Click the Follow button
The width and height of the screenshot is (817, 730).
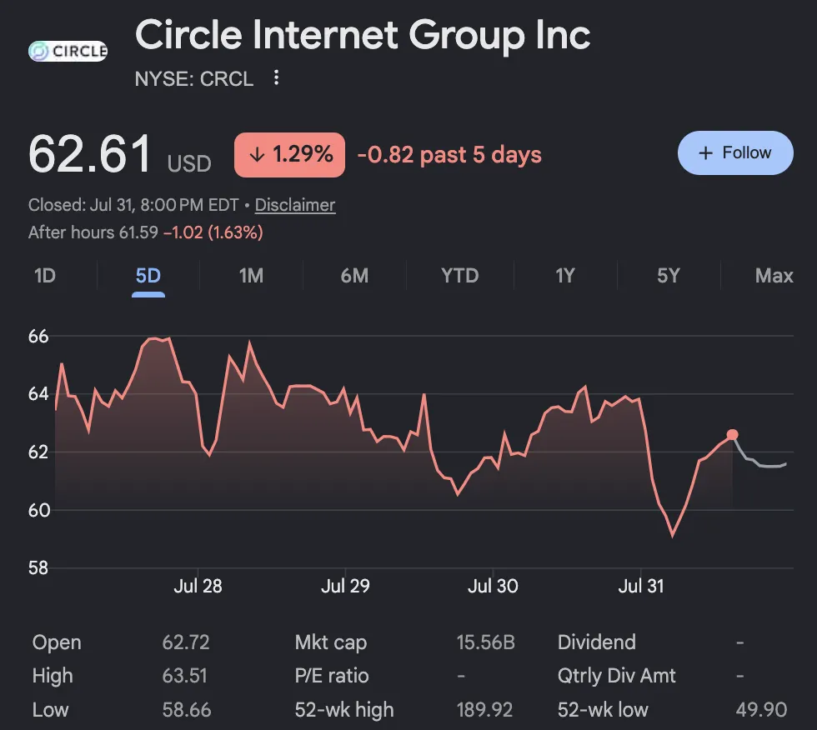pyautogui.click(x=735, y=152)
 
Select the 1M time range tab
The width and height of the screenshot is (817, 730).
pyautogui.click(x=251, y=276)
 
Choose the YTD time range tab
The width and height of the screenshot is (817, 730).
pyautogui.click(x=459, y=276)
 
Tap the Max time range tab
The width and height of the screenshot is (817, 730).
pyautogui.click(x=774, y=276)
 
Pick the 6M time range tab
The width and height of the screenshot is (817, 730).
pyautogui.click(x=354, y=276)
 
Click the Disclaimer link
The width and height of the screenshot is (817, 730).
pyautogui.click(x=295, y=205)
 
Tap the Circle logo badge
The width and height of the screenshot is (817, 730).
pyautogui.click(x=68, y=51)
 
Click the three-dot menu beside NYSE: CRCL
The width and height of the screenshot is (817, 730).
pyautogui.click(x=276, y=77)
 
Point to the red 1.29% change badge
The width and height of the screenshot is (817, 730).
pyautogui.click(x=290, y=155)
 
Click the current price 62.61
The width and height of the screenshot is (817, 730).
pyautogui.click(x=90, y=154)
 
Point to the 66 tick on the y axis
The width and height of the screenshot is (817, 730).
pyautogui.click(x=38, y=337)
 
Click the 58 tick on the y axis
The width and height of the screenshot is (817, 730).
pyautogui.click(x=38, y=567)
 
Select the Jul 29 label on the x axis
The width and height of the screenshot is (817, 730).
pyautogui.click(x=345, y=587)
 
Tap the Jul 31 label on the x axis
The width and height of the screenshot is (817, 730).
pyautogui.click(x=641, y=587)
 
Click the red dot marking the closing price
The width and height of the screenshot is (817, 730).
pyautogui.click(x=732, y=435)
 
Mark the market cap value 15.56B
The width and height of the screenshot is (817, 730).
pyautogui.click(x=485, y=642)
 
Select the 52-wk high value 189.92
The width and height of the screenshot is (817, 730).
pyautogui.click(x=484, y=710)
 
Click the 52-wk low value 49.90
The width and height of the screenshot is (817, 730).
pyautogui.click(x=761, y=710)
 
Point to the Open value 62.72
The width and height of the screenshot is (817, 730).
pyautogui.click(x=185, y=642)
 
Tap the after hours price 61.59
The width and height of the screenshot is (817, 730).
pyautogui.click(x=138, y=232)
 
